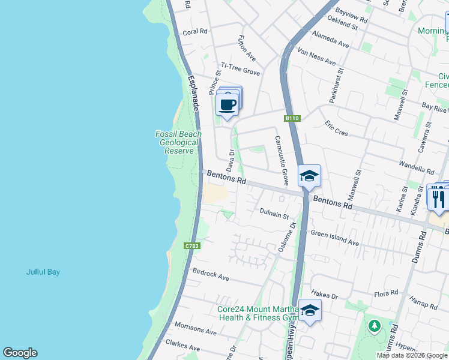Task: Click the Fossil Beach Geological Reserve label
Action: coord(179,142)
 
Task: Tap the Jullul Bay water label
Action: coord(43,272)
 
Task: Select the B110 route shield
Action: coord(292,118)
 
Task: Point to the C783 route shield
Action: coord(192,246)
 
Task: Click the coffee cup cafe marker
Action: coord(228,104)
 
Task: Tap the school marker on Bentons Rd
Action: coord(310,176)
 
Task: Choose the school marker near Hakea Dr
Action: coord(310,310)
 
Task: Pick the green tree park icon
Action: coord(375,326)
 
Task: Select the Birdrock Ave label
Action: coord(211,275)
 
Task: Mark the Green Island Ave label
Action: coord(334,238)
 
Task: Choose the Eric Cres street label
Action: coord(337,127)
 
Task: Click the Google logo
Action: coord(20,353)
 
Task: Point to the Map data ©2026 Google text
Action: coord(412,355)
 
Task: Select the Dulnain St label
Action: coord(274,214)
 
